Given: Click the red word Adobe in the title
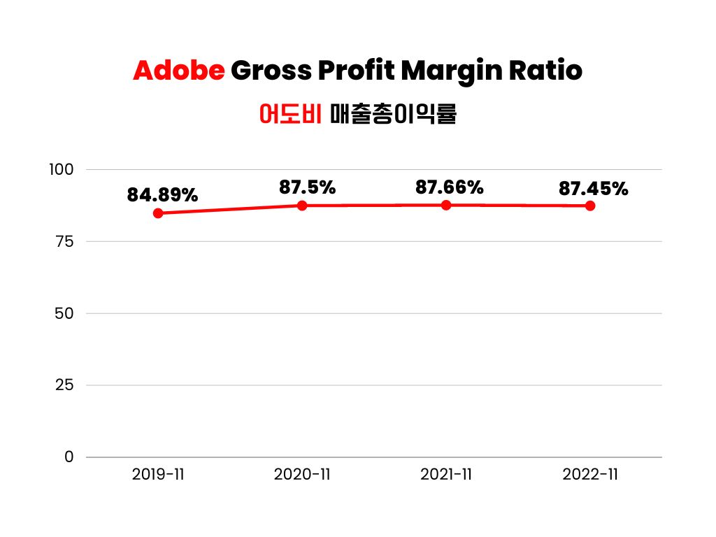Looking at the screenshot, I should pyautogui.click(x=178, y=71).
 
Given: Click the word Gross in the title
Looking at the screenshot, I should pyautogui.click(x=271, y=71).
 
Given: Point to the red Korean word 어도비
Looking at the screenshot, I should pyautogui.click(x=289, y=113).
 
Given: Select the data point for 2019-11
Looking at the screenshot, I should pyautogui.click(x=158, y=213).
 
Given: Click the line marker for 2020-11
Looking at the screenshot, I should pyautogui.click(x=302, y=206).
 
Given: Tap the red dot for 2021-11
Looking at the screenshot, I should pyautogui.click(x=446, y=205).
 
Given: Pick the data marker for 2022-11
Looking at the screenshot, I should pyautogui.click(x=590, y=206).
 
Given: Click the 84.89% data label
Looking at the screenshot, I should pyautogui.click(x=162, y=196).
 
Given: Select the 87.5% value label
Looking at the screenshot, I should pyautogui.click(x=307, y=187).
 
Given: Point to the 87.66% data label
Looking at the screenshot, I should pyautogui.click(x=450, y=187).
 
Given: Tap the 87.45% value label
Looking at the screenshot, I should pyautogui.click(x=594, y=189).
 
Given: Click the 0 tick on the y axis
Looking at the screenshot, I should pyautogui.click(x=69, y=457).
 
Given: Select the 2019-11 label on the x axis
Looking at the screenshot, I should pyautogui.click(x=158, y=475).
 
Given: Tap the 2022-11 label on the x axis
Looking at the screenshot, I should pyautogui.click(x=590, y=475).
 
